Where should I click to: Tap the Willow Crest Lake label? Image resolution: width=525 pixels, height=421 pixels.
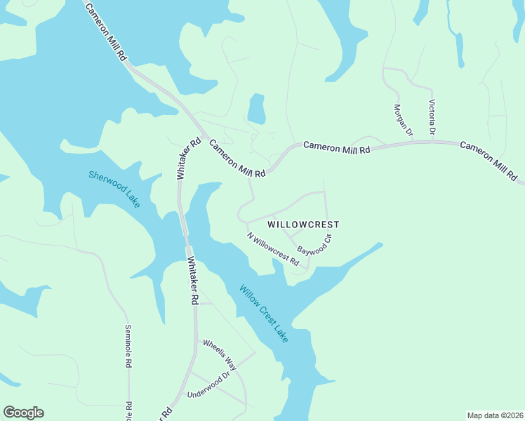pos(263,313)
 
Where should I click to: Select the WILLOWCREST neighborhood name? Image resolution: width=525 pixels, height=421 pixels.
pos(303,225)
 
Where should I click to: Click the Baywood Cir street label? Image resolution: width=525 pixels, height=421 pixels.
pos(314,243)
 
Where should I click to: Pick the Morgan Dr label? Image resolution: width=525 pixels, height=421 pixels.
pos(403,120)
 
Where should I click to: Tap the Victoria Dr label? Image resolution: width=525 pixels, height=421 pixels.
pos(432,117)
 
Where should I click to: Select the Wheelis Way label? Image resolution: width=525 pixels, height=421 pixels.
pos(220,355)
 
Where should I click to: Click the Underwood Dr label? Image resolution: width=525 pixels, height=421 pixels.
pos(208,386)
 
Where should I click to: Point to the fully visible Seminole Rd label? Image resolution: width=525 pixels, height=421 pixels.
pos(128,347)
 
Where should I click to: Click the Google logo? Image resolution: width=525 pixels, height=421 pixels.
pos(23,413)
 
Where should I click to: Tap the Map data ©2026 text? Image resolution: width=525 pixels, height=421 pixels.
pos(494,415)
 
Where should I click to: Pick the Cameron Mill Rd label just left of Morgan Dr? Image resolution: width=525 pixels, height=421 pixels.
pos(336,147)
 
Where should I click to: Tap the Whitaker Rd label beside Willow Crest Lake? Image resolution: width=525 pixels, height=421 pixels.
pos(193,280)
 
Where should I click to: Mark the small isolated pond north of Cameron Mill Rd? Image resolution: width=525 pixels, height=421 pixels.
pos(256,109)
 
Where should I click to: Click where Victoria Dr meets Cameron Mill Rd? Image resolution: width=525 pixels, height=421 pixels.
pos(432,142)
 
